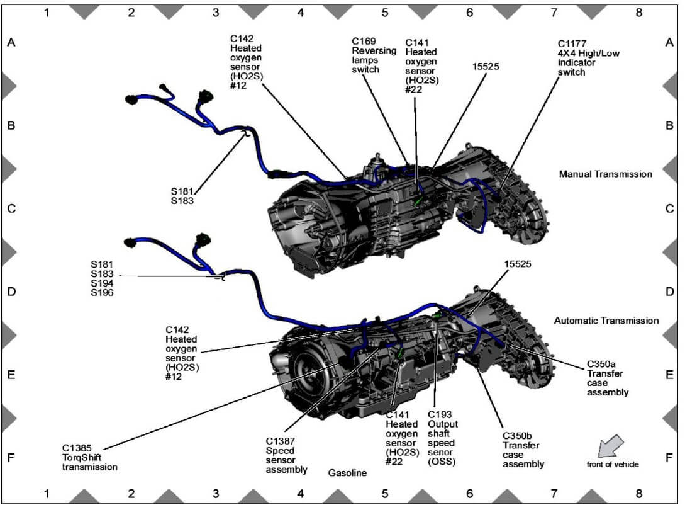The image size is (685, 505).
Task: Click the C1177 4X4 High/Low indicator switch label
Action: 588,58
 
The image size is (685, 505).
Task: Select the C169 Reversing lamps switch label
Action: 374,55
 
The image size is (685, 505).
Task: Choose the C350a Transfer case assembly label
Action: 607,378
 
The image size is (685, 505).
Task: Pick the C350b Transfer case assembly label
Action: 523,450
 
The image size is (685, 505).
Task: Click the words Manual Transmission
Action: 605,174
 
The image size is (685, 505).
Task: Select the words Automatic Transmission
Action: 606,321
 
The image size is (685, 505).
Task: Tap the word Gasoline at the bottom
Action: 347,472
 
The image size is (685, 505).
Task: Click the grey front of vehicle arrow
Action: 609,445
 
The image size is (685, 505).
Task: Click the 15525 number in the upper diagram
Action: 486,65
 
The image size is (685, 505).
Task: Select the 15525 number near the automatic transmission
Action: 518,264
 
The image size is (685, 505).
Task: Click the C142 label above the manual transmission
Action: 246,62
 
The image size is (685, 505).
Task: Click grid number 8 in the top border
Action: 639,12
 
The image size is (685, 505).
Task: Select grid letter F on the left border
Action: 11,458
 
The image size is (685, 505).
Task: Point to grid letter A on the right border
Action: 669,43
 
